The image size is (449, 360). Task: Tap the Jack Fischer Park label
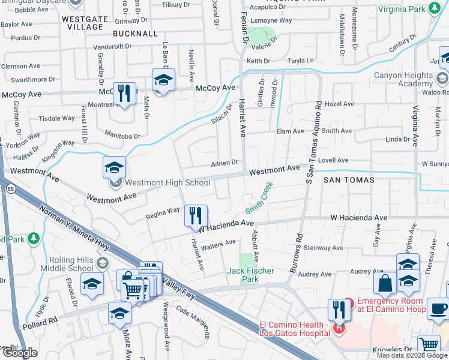(251, 275)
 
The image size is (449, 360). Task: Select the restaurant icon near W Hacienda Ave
(196, 215)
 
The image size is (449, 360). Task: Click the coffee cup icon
(436, 308)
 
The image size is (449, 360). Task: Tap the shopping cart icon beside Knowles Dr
(429, 344)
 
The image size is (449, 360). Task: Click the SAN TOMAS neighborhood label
(349, 180)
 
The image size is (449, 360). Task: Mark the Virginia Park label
(401, 9)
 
